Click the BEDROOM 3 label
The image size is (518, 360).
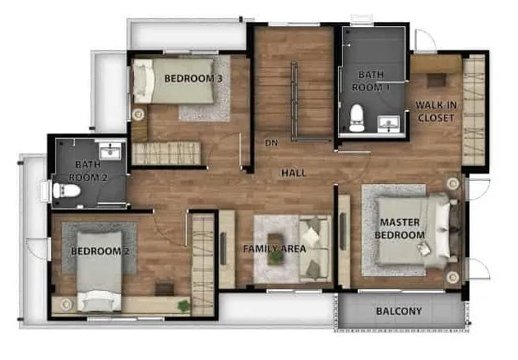pos(193,79)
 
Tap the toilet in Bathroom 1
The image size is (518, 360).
pos(357,118)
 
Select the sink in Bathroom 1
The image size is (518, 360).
pos(388,123)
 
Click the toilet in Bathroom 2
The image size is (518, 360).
pos(67,191)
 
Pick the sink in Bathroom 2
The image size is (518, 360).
pos(110,152)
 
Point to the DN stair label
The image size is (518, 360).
pos(271,143)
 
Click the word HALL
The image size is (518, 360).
pos(294,173)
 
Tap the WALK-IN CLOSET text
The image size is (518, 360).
pos(436,111)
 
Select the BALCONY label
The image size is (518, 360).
pos(399,312)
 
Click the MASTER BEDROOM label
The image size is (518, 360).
pos(400,228)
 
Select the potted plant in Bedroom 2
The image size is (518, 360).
pos(183,306)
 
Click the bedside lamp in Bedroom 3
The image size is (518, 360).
pos(138,114)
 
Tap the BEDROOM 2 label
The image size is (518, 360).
pos(99,252)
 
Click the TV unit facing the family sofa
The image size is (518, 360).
pos(227,249)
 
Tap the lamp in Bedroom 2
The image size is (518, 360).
pos(67,304)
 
